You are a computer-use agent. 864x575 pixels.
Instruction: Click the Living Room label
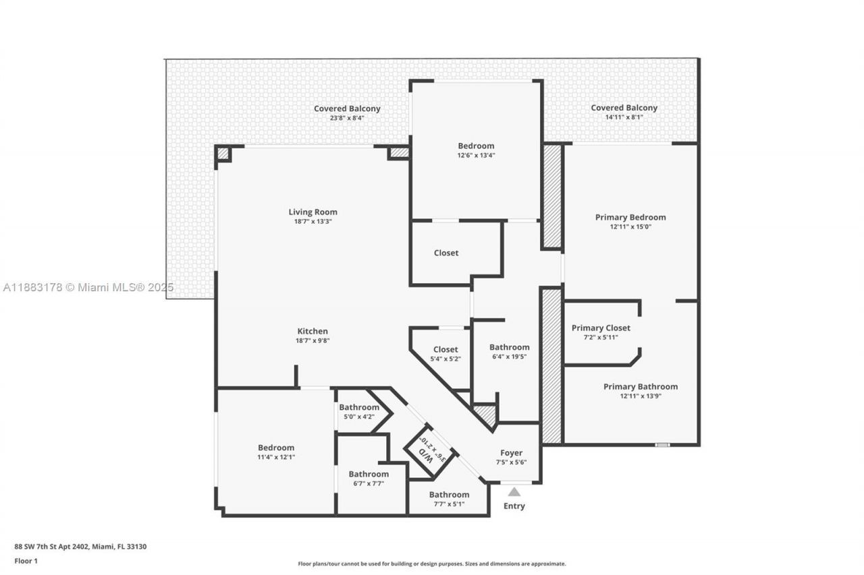tap(313, 212)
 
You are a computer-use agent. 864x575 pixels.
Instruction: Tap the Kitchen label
tap(313, 331)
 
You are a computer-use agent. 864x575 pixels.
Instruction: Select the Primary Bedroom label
tap(630, 217)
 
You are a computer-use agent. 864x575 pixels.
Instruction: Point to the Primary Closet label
tap(601, 328)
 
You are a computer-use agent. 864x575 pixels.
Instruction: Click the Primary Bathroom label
tap(640, 387)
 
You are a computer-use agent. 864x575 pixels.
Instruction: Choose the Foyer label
tap(511, 453)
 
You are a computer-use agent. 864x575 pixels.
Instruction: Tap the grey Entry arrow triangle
tap(514, 492)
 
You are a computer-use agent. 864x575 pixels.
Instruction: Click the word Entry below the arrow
tap(514, 506)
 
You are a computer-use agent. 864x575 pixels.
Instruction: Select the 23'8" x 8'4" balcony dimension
tap(347, 118)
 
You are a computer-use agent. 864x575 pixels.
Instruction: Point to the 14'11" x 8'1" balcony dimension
tap(624, 117)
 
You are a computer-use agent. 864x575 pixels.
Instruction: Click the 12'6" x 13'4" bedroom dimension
tap(476, 155)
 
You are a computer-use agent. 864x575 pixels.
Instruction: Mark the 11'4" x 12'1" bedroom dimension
tap(276, 457)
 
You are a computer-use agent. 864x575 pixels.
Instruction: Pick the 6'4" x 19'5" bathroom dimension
tap(509, 357)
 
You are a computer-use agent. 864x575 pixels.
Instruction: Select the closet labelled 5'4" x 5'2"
tap(445, 353)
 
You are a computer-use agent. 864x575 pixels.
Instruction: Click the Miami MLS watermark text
tap(88, 288)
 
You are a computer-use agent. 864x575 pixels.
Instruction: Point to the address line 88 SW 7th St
tap(80, 547)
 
